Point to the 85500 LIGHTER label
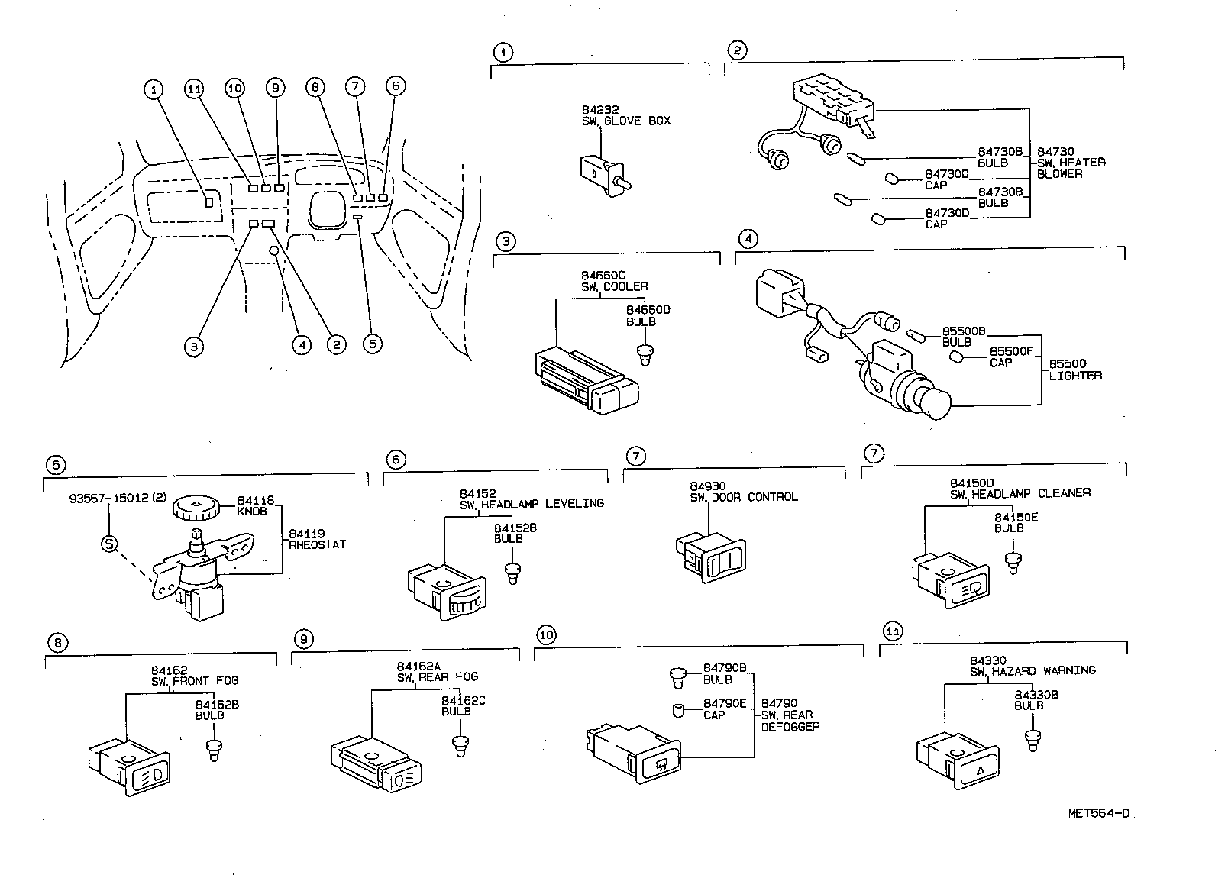(x=1074, y=370)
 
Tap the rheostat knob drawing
(x=196, y=507)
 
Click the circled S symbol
(x=110, y=544)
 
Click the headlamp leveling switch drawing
(x=445, y=591)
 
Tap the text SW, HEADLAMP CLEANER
(x=1020, y=493)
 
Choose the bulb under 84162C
(x=460, y=745)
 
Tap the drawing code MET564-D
(x=1098, y=813)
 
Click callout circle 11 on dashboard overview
(x=195, y=89)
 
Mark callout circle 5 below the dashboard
(x=372, y=344)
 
